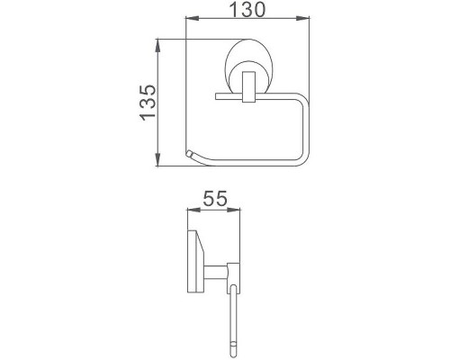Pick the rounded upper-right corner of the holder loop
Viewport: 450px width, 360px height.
304,98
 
